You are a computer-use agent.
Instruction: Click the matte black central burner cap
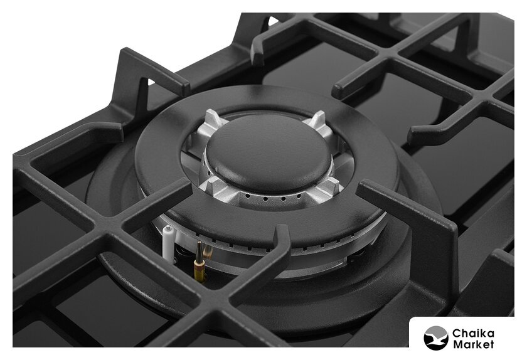tap(269, 152)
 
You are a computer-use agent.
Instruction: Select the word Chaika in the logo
tap(473, 334)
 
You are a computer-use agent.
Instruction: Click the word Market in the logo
tap(473, 344)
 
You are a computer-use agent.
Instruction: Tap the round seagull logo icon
tap(436, 338)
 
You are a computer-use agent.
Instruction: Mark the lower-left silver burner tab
tap(211, 186)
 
